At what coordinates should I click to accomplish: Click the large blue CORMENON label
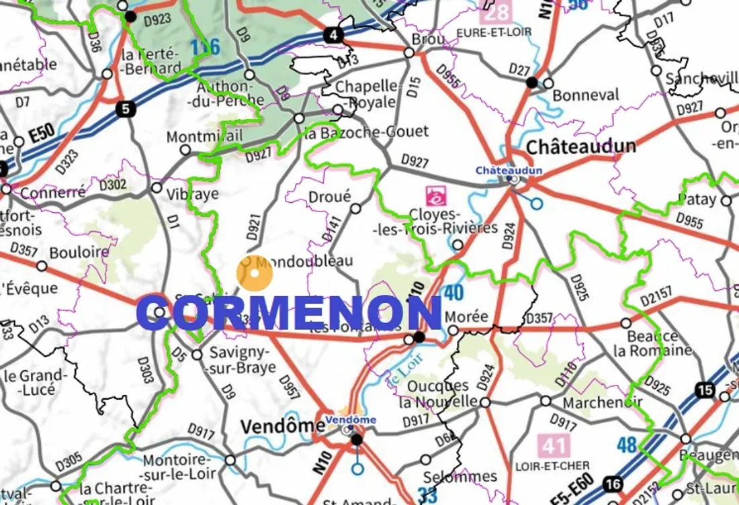tap(289, 314)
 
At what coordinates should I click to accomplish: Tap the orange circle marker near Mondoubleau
tap(255, 273)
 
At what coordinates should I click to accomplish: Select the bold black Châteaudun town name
tap(580, 146)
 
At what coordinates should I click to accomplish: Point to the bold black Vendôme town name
tap(282, 426)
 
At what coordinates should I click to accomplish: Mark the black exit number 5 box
tap(124, 109)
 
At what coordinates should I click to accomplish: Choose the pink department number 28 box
tap(498, 11)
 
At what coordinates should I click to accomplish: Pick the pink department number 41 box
tap(554, 445)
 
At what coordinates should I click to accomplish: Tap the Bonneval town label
tap(585, 95)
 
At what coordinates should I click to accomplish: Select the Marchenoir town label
tap(602, 403)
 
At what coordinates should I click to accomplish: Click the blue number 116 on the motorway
tap(205, 48)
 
